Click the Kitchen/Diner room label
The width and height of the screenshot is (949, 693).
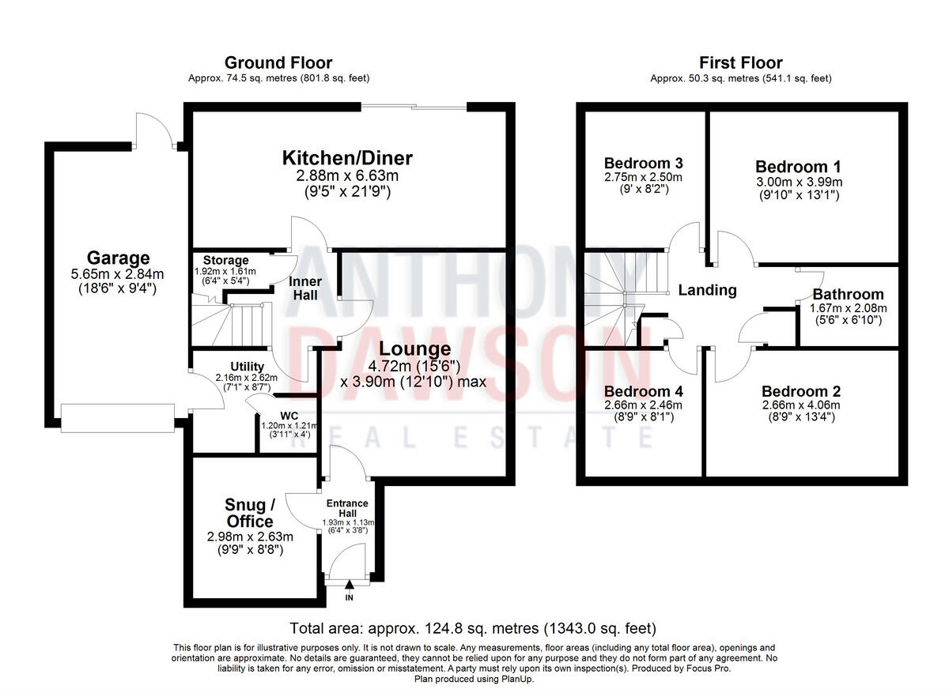pos(347,158)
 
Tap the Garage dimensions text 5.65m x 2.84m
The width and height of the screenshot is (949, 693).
pos(118,275)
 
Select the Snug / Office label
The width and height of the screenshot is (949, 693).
pos(250,513)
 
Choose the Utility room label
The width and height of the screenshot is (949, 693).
pos(247,367)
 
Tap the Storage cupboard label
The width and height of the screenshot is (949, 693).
pos(225,260)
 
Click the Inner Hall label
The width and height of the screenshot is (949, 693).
pos(304,289)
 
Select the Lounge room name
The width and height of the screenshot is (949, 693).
pos(414,348)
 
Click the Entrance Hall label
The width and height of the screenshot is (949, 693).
pos(348,508)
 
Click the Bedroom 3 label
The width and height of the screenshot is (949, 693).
pos(642,164)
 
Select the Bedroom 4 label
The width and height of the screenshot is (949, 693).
pos(642,392)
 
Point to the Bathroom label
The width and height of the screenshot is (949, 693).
pos(848,294)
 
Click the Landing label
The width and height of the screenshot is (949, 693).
pos(707,290)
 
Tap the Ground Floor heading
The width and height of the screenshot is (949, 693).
pos(278,62)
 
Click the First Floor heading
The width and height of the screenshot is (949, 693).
pos(740,62)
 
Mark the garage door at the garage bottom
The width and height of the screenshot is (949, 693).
pos(117,418)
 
